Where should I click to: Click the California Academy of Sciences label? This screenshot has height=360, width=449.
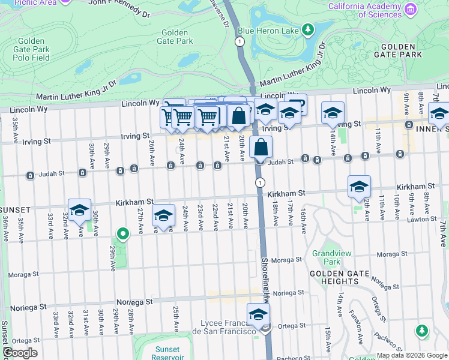click(365, 10)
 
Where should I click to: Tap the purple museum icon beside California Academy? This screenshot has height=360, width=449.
click(411, 10)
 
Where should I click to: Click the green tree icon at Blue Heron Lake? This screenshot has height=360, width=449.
click(309, 29)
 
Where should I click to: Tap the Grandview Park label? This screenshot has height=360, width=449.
click(327, 257)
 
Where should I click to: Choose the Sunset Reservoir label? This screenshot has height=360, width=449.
click(166, 353)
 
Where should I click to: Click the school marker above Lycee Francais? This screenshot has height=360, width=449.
click(258, 314)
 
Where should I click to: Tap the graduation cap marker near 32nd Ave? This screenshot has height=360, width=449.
click(79, 210)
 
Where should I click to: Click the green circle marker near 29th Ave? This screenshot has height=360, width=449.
click(122, 234)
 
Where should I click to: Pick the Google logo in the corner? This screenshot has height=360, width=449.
click(20, 353)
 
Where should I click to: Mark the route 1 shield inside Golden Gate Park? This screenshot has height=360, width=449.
click(240, 41)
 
